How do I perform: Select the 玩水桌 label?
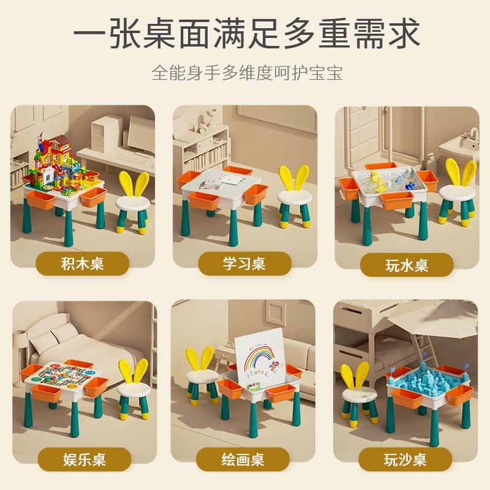pyautogui.click(x=407, y=265)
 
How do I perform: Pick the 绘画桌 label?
pyautogui.click(x=244, y=459)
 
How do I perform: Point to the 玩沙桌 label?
pyautogui.click(x=407, y=459)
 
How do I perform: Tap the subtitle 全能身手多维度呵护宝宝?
pyautogui.click(x=245, y=73)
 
